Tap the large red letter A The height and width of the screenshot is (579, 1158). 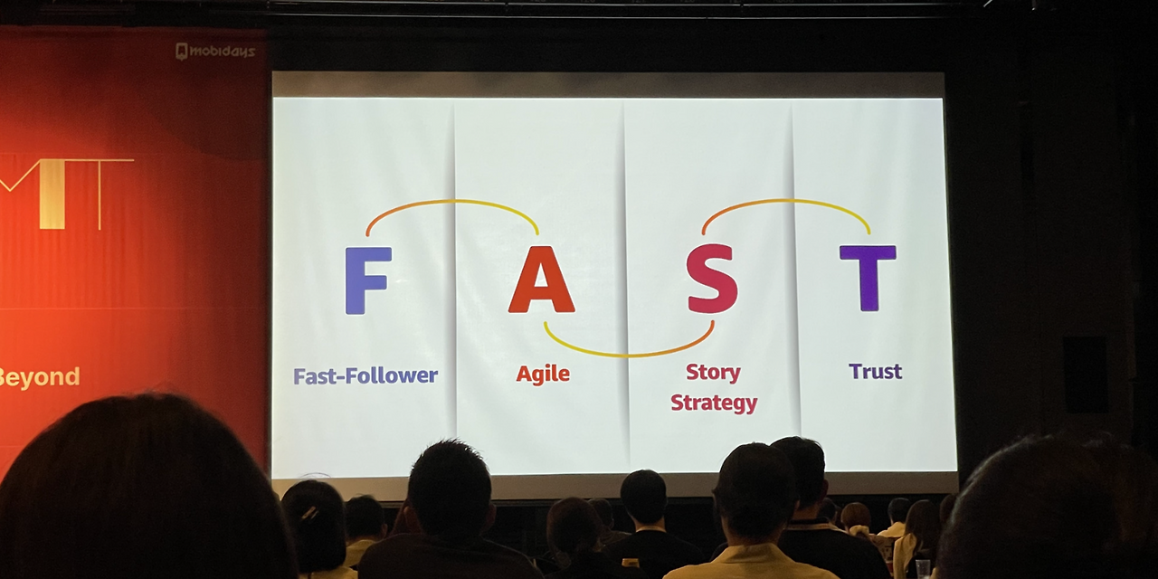pos(541,280)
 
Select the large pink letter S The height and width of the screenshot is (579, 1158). pos(712,279)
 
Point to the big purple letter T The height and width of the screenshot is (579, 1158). pos(868,278)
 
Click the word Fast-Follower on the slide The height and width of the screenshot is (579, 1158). pos(365,375)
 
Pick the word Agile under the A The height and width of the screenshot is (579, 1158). pos(543,374)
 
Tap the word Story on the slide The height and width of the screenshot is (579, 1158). pos(714,372)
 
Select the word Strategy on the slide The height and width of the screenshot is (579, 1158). pos(714,403)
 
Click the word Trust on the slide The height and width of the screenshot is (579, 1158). pos(875,371)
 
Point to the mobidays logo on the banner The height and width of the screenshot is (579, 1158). pos(215,52)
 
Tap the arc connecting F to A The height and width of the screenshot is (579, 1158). pos(453,201)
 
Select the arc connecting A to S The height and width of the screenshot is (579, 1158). pos(629,356)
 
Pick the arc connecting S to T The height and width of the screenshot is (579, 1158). pos(786,201)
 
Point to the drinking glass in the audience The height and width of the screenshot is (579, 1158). pos(923,569)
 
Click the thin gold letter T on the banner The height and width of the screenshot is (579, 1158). pos(100,194)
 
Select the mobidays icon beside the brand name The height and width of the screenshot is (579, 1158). pos(182,52)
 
